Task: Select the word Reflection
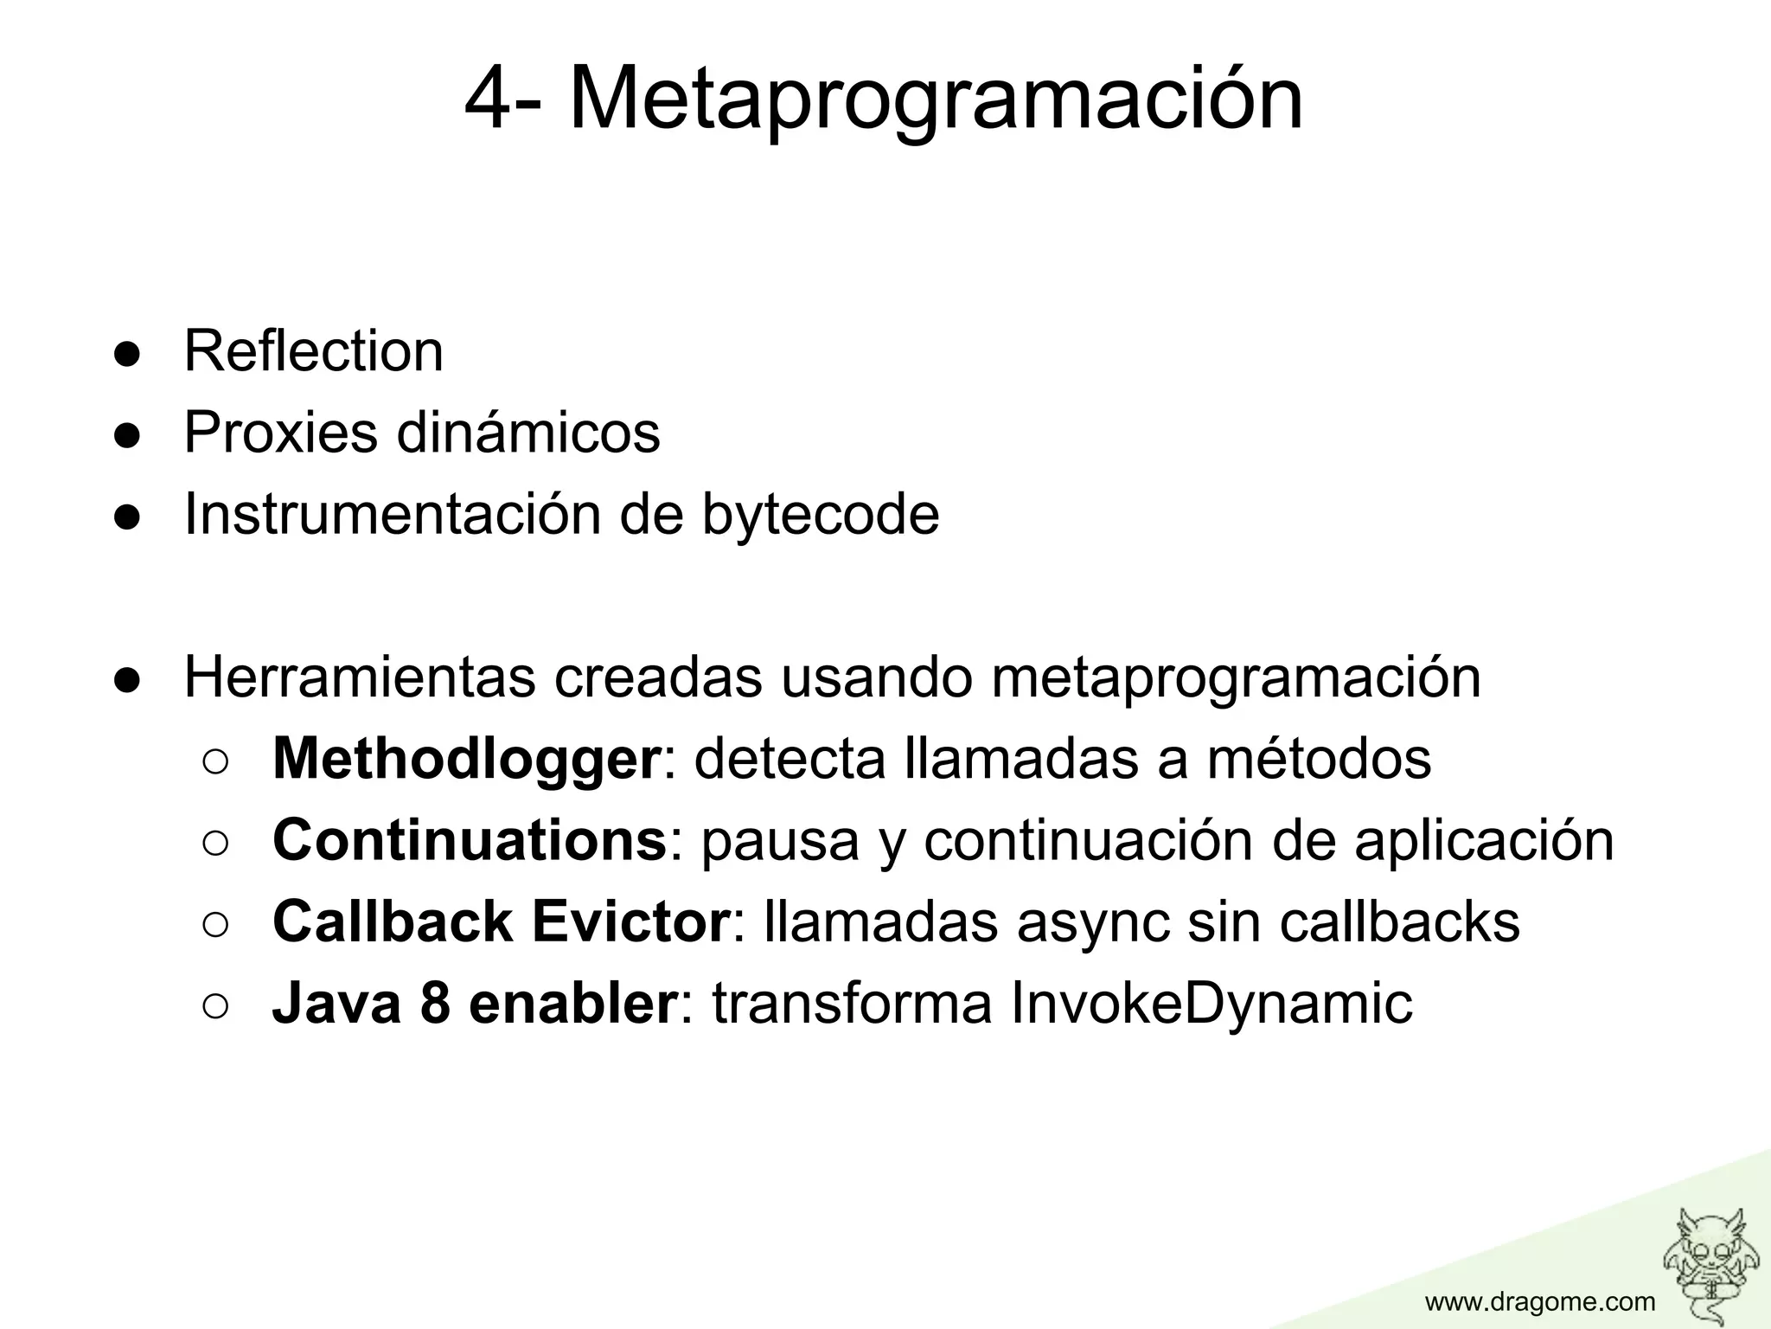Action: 313,351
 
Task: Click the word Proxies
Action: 280,432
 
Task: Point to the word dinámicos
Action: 528,432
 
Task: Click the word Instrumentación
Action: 393,514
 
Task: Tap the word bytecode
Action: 820,514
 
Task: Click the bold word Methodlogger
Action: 466,759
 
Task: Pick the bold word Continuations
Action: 470,840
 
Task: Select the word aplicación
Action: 1484,840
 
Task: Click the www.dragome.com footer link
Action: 1540,1301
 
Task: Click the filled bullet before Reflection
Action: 127,355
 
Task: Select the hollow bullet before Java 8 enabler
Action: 215,1005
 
